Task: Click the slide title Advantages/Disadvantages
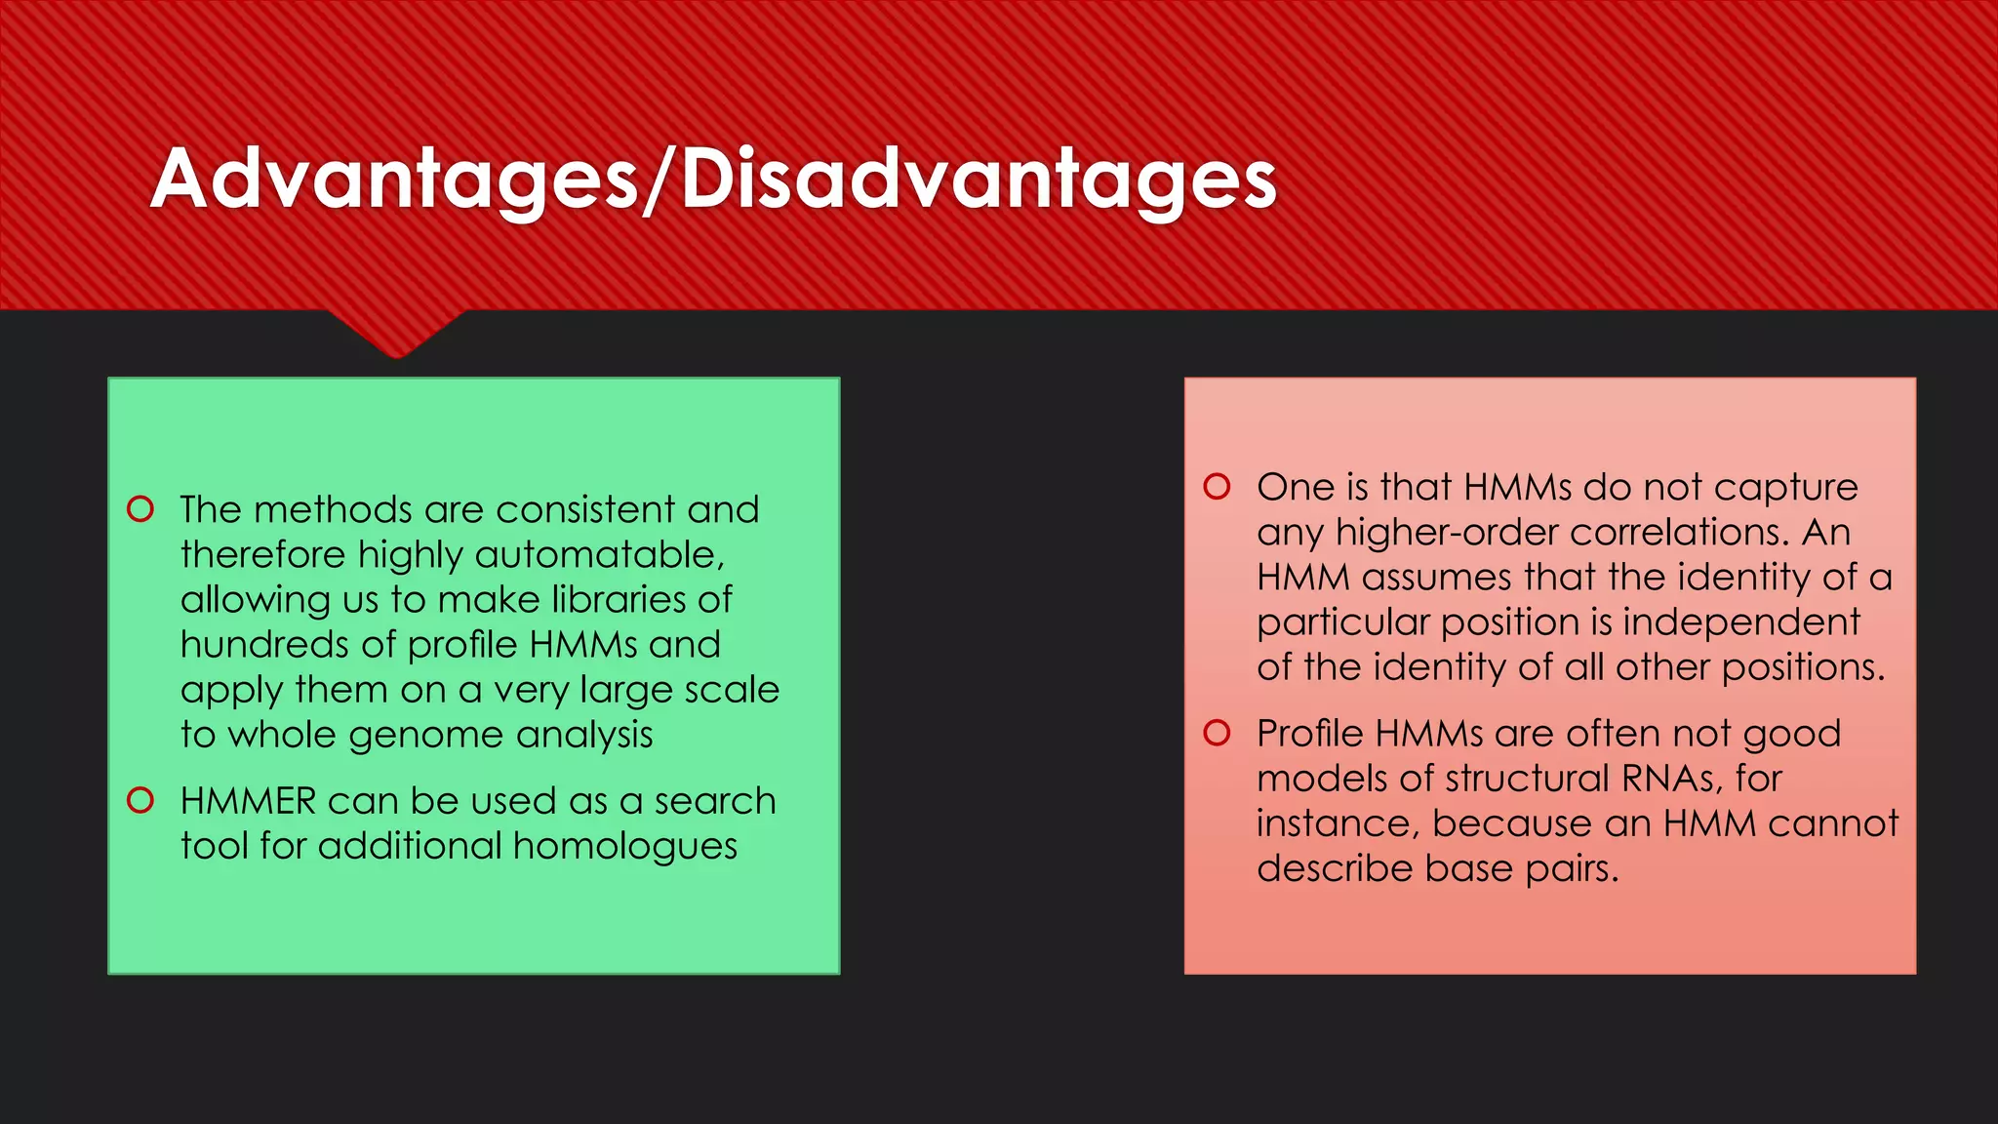pos(713,180)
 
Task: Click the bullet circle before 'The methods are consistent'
pos(140,509)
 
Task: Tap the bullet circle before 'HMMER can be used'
pos(140,801)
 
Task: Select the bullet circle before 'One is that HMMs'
pos(1217,486)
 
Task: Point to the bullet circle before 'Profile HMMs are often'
pos(1217,733)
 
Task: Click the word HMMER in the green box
pos(248,801)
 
